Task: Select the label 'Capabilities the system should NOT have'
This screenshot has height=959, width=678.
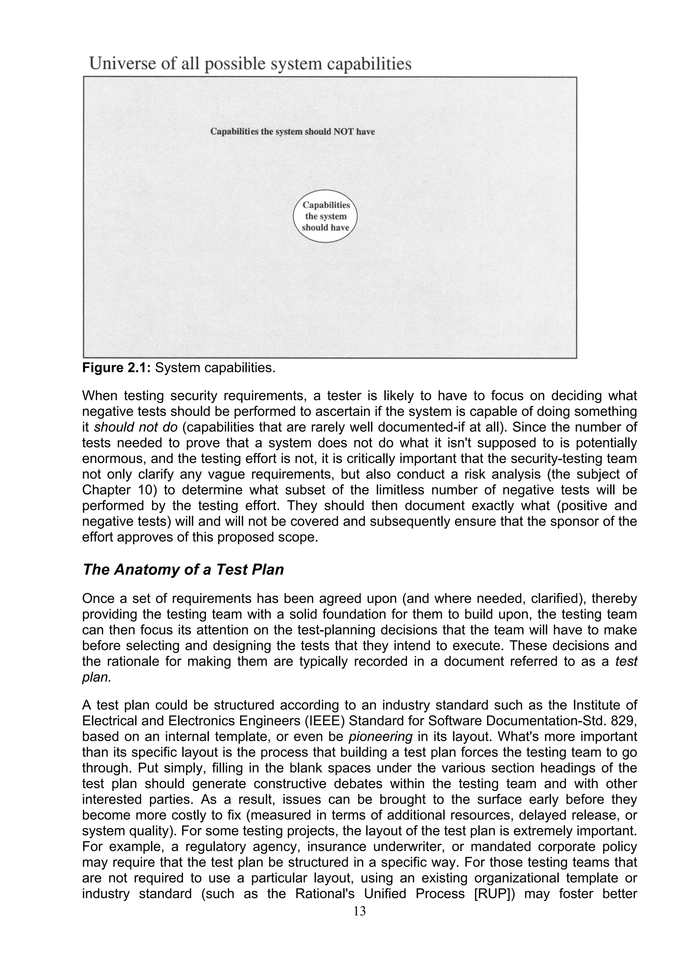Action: (x=292, y=132)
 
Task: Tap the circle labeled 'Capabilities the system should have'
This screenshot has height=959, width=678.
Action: (x=325, y=216)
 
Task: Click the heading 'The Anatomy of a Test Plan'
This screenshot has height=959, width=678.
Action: (x=183, y=570)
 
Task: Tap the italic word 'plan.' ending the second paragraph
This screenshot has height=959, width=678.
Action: (x=96, y=677)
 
